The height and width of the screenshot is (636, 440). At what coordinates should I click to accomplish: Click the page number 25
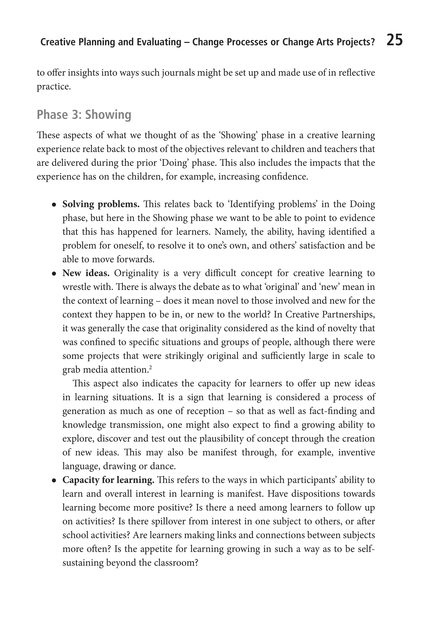pos(394,40)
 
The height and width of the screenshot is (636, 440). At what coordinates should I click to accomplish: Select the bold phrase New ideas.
pos(86,273)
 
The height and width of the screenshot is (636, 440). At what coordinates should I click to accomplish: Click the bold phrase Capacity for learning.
pos(108,480)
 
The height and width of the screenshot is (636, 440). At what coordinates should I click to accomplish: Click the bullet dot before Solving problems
pos(54,205)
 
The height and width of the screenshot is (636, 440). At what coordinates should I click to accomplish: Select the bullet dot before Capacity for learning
pos(54,481)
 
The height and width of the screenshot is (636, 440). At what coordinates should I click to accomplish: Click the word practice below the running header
pos(53,87)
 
